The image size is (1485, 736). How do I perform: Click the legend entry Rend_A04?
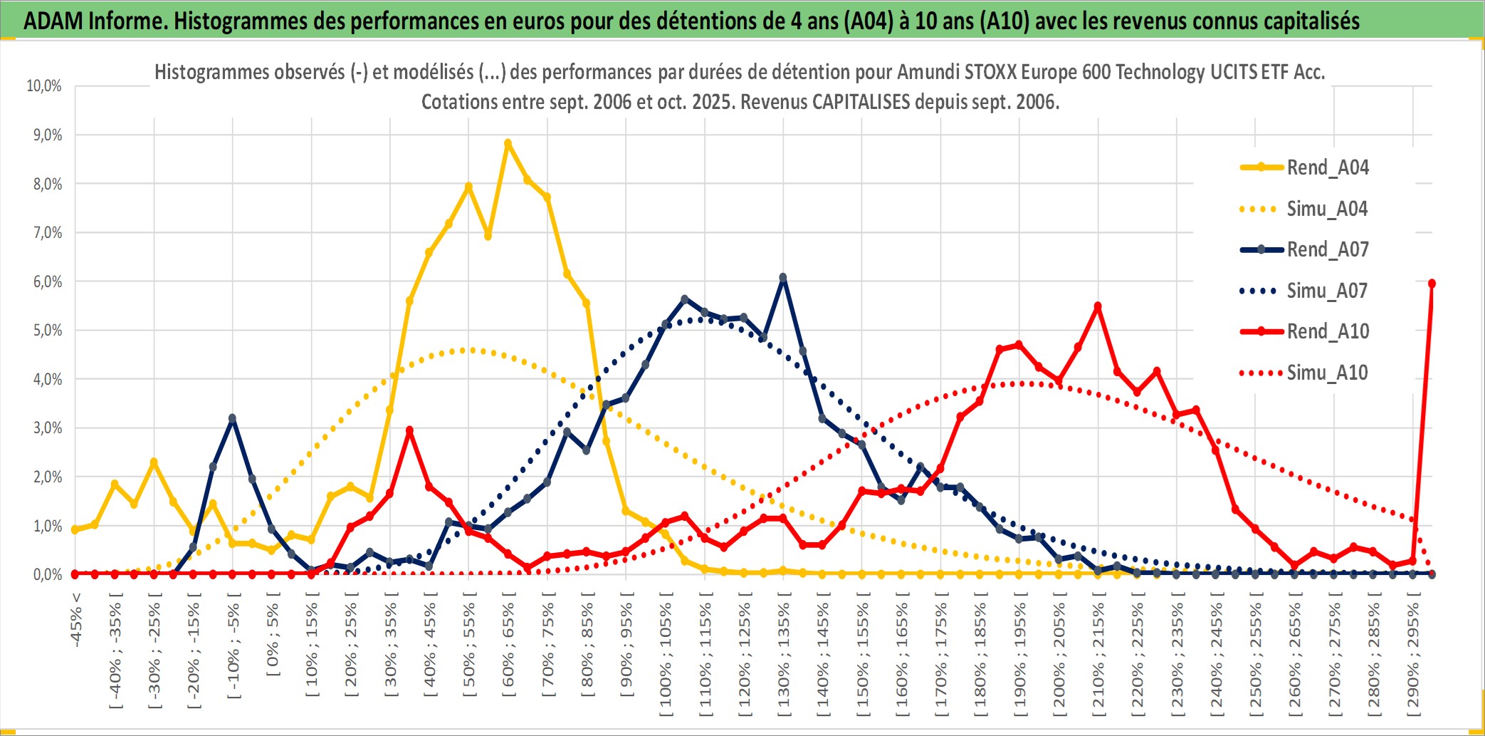coord(1327,167)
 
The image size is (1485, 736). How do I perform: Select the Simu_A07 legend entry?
coord(1327,291)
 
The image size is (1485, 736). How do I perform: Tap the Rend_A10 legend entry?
coord(1327,331)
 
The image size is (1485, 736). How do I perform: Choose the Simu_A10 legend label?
coord(1327,373)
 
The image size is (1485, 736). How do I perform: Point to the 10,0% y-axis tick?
coord(44,86)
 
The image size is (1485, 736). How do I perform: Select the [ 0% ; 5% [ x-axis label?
coord(273,638)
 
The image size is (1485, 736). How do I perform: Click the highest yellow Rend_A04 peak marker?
coord(508,143)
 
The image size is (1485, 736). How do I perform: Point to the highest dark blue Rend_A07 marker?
coord(783,277)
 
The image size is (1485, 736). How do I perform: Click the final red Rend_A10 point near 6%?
coord(1432,284)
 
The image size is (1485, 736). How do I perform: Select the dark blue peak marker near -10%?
coord(232,418)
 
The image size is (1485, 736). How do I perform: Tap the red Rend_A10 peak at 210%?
coord(1098,306)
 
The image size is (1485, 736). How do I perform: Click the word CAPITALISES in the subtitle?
coord(861,102)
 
